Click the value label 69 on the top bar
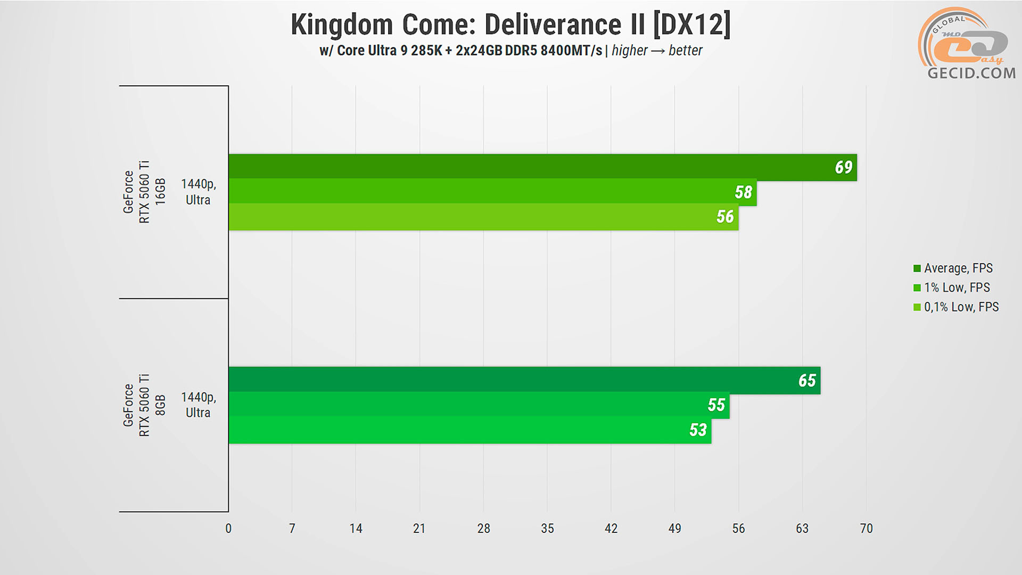[x=843, y=167]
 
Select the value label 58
[x=743, y=192]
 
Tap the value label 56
[x=725, y=217]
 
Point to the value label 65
[x=807, y=380]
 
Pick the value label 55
[x=716, y=405]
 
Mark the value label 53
[x=698, y=430]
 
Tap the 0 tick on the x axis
[x=228, y=529]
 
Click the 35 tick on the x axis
[x=547, y=529]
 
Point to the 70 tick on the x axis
[x=866, y=529]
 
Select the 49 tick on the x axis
[x=674, y=529]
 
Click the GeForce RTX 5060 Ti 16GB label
[x=144, y=192]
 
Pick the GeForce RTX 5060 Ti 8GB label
[x=144, y=405]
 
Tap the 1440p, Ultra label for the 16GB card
[x=198, y=192]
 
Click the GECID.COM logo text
[x=971, y=73]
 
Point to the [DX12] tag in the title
[x=692, y=25]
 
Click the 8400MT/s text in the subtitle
[x=571, y=51]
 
